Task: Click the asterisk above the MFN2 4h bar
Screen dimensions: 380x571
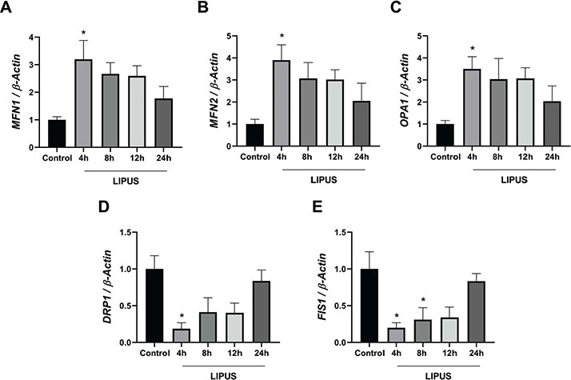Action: [x=280, y=38]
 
